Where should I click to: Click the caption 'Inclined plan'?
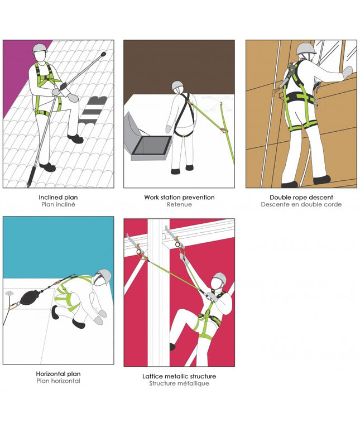pos(58,197)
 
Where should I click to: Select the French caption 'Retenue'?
pos(179,204)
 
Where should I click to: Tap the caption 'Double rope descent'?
pos(301,197)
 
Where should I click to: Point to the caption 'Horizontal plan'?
pos(58,374)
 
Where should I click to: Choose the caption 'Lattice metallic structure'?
pos(179,376)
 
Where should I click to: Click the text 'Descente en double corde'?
pos(301,204)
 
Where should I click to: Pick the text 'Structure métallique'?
pos(179,383)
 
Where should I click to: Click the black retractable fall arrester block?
pos(28,298)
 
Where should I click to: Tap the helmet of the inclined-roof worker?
pos(40,48)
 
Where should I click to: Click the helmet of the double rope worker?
pos(306,49)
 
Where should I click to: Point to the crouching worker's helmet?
pos(104,276)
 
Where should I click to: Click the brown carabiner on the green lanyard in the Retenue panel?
pos(225,129)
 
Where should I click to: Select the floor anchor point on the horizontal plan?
pos(9,293)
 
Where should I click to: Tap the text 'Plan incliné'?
pos(58,204)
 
